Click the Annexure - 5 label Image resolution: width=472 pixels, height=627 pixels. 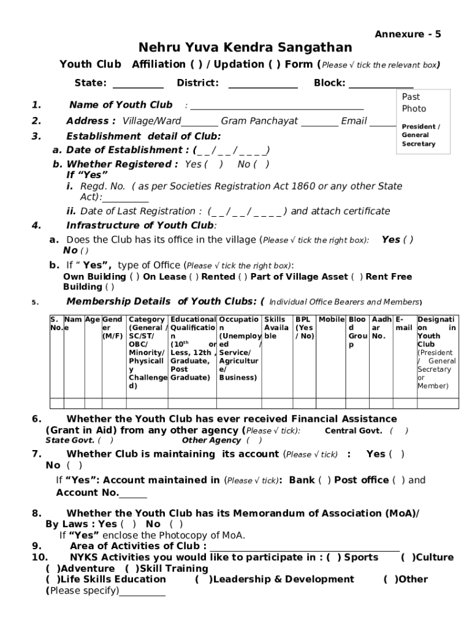pos(408,34)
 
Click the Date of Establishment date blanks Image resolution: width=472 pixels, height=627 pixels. pos(232,151)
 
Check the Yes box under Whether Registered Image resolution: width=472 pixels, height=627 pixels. pos(213,165)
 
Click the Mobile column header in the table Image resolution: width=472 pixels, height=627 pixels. pos(331,320)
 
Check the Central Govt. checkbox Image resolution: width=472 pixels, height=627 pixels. pos(398,431)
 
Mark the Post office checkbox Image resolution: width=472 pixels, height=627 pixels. pos(398,480)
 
